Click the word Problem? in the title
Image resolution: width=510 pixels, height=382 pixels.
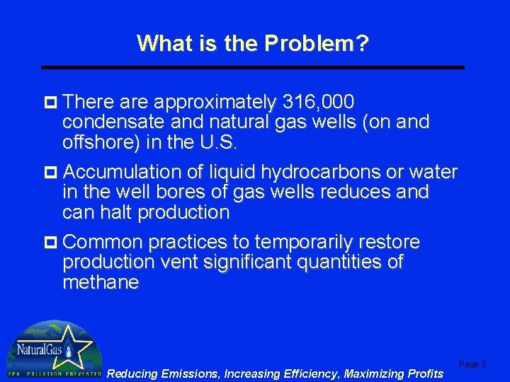pyautogui.click(x=316, y=44)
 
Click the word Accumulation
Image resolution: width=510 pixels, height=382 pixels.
pyautogui.click(x=123, y=172)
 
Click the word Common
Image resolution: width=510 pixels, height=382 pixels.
pyautogui.click(x=103, y=243)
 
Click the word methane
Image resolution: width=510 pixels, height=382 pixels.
pyautogui.click(x=101, y=283)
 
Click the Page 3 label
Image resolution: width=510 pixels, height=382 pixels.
pyautogui.click(x=472, y=364)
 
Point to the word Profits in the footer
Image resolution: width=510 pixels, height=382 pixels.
pyautogui.click(x=424, y=373)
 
